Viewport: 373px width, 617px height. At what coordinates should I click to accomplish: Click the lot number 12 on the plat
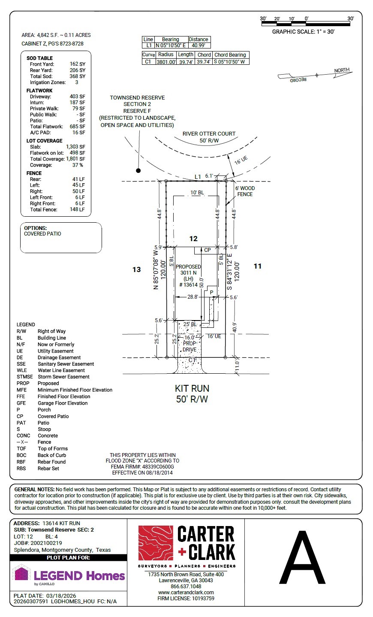click(x=193, y=239)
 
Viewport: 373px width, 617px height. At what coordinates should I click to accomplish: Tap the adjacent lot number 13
click(x=136, y=269)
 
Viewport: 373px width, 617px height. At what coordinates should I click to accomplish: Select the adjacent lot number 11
click(x=257, y=266)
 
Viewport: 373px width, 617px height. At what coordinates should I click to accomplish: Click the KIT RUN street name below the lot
click(x=192, y=388)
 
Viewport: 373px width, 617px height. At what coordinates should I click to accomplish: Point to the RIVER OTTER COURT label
click(x=209, y=133)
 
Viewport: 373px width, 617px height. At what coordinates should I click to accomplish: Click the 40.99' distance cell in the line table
click(x=198, y=45)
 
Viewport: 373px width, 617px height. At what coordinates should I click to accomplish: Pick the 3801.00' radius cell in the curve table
click(x=166, y=62)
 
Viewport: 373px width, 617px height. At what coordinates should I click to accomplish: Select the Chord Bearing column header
click(x=230, y=55)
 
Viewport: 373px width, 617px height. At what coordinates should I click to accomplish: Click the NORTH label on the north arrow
click(x=342, y=70)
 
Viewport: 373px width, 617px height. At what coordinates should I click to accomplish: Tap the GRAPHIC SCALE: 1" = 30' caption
click(x=304, y=32)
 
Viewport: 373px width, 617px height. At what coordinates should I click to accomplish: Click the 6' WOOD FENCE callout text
click(x=245, y=191)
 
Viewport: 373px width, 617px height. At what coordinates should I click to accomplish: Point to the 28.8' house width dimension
click(x=193, y=297)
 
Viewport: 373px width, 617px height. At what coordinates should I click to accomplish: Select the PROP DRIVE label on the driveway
click(x=190, y=347)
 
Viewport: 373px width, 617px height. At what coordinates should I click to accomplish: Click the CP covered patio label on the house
click(x=207, y=250)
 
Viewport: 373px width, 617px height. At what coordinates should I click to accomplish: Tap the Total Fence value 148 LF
click(x=77, y=210)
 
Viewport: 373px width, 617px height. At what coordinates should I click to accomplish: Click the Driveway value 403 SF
click(x=77, y=97)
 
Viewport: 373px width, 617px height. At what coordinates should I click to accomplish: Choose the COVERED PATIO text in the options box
click(x=42, y=234)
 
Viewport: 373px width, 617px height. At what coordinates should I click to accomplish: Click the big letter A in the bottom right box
click(x=302, y=557)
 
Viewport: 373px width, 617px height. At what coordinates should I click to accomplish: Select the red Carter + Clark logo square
click(x=156, y=543)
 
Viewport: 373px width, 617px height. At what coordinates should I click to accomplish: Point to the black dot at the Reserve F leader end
click(x=138, y=170)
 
